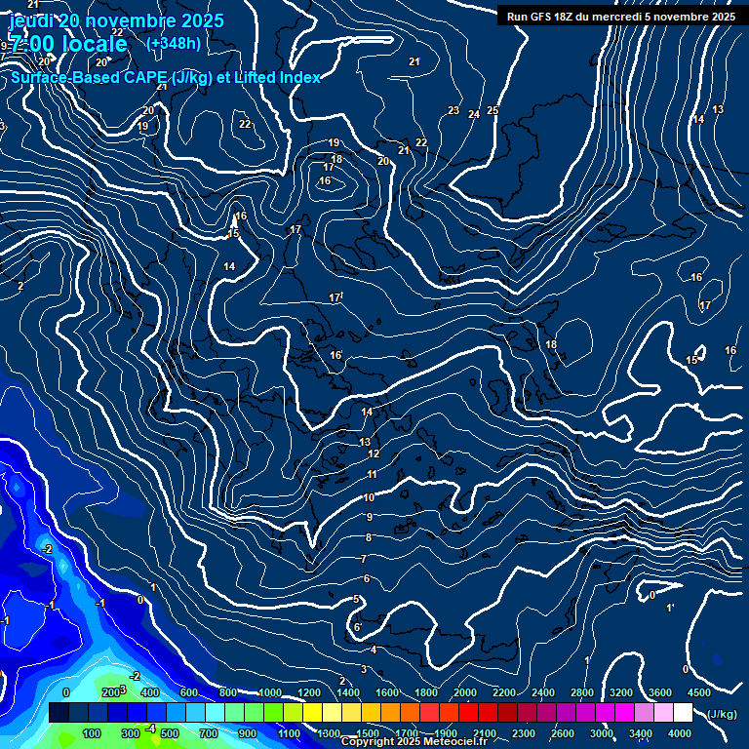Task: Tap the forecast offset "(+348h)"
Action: (174, 43)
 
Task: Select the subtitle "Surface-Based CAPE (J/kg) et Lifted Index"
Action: (166, 77)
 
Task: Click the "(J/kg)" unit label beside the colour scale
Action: (722, 715)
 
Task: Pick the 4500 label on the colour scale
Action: (699, 692)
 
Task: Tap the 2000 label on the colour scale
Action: (465, 692)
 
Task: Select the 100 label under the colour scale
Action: (92, 733)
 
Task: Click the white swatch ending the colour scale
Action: (683, 713)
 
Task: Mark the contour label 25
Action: (493, 110)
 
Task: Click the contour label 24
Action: (474, 114)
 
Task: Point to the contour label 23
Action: (453, 110)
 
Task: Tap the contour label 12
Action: (374, 453)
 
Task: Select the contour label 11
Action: (372, 474)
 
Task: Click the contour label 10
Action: (369, 497)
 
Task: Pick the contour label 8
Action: (369, 537)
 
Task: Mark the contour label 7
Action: (363, 559)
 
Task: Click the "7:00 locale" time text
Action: (68, 44)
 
